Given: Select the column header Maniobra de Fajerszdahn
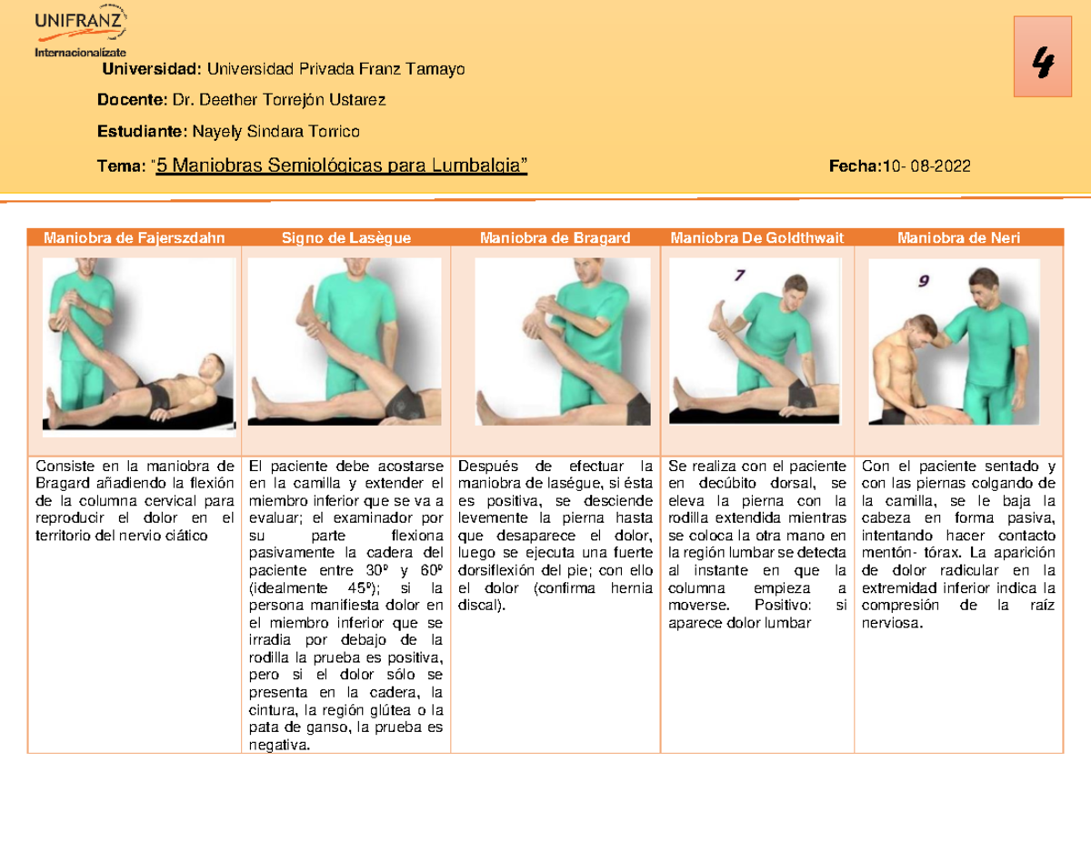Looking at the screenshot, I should tap(133, 237).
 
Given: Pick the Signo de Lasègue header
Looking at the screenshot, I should tap(345, 237).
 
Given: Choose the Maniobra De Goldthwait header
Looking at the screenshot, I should tap(757, 237).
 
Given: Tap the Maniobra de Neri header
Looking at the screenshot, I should tap(958, 237).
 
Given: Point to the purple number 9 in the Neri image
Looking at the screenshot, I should tap(924, 281).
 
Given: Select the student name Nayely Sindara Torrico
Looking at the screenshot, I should tap(274, 131).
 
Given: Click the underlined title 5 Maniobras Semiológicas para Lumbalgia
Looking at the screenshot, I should tap(341, 166).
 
